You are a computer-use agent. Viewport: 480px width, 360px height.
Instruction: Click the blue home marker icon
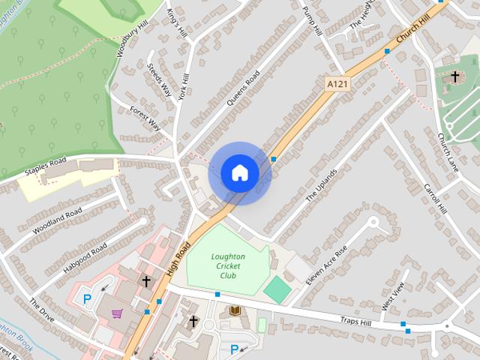click(x=240, y=173)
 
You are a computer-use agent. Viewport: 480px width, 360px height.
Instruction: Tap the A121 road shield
click(x=338, y=85)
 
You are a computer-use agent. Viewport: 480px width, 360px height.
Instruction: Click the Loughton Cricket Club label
click(x=227, y=265)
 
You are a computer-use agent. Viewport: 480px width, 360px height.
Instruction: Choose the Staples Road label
click(x=46, y=166)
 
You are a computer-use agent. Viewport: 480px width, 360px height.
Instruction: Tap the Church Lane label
click(x=448, y=151)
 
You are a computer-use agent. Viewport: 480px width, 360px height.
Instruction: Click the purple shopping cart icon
click(x=117, y=313)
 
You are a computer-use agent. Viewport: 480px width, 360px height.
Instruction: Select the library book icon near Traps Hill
click(x=235, y=310)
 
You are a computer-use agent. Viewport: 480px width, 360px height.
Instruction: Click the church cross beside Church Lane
click(x=454, y=76)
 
